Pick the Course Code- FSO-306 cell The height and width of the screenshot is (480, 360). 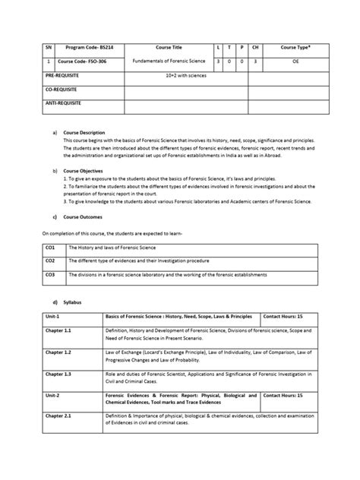[80, 60]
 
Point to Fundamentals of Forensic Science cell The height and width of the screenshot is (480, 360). [166, 60]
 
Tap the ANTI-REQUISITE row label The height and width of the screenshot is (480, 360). [64, 103]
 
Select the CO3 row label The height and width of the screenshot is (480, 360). [51, 274]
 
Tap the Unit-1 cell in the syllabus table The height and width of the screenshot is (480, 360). [52, 315]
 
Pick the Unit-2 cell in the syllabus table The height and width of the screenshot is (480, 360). [52, 396]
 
